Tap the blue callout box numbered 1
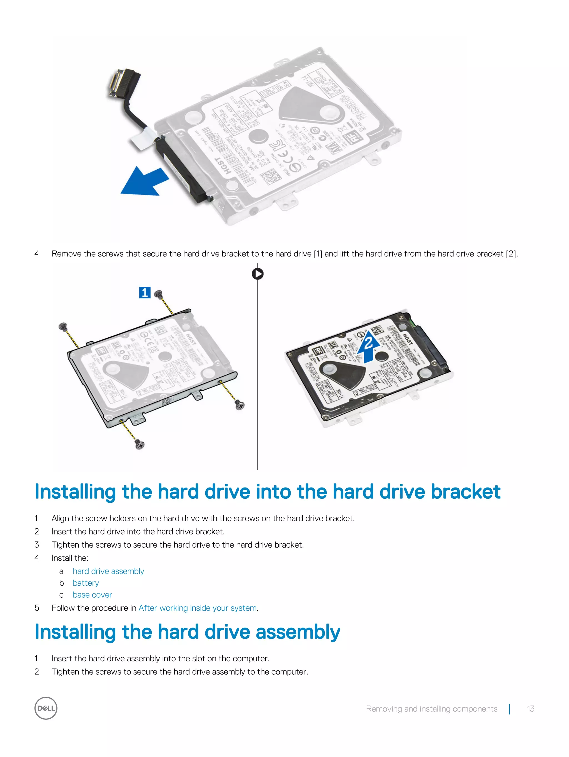145,293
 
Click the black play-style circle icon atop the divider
258,274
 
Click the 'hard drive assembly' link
108,571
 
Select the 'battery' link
86,583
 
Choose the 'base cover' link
92,595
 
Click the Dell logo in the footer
46,708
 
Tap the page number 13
530,709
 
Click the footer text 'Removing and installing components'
431,709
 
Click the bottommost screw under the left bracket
140,444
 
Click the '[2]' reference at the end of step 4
511,254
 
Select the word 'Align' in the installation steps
61,518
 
